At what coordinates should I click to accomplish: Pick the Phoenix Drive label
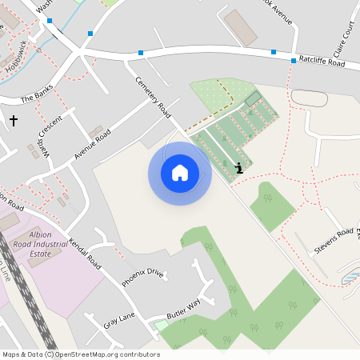pyautogui.click(x=142, y=278)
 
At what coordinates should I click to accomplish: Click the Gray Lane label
pyautogui.click(x=119, y=320)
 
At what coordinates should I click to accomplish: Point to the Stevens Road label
pyautogui.click(x=334, y=241)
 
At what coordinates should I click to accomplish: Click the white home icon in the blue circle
pyautogui.click(x=180, y=173)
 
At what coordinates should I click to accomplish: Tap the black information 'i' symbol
pyautogui.click(x=239, y=168)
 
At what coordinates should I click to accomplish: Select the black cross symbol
pyautogui.click(x=13, y=121)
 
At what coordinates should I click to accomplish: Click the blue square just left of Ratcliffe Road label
pyautogui.click(x=274, y=51)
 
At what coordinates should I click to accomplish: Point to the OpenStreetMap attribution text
pyautogui.click(x=81, y=354)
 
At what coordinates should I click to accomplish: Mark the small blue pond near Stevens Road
pyautogui.click(x=350, y=277)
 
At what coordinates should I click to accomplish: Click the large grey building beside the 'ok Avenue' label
pyautogui.click(x=240, y=27)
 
